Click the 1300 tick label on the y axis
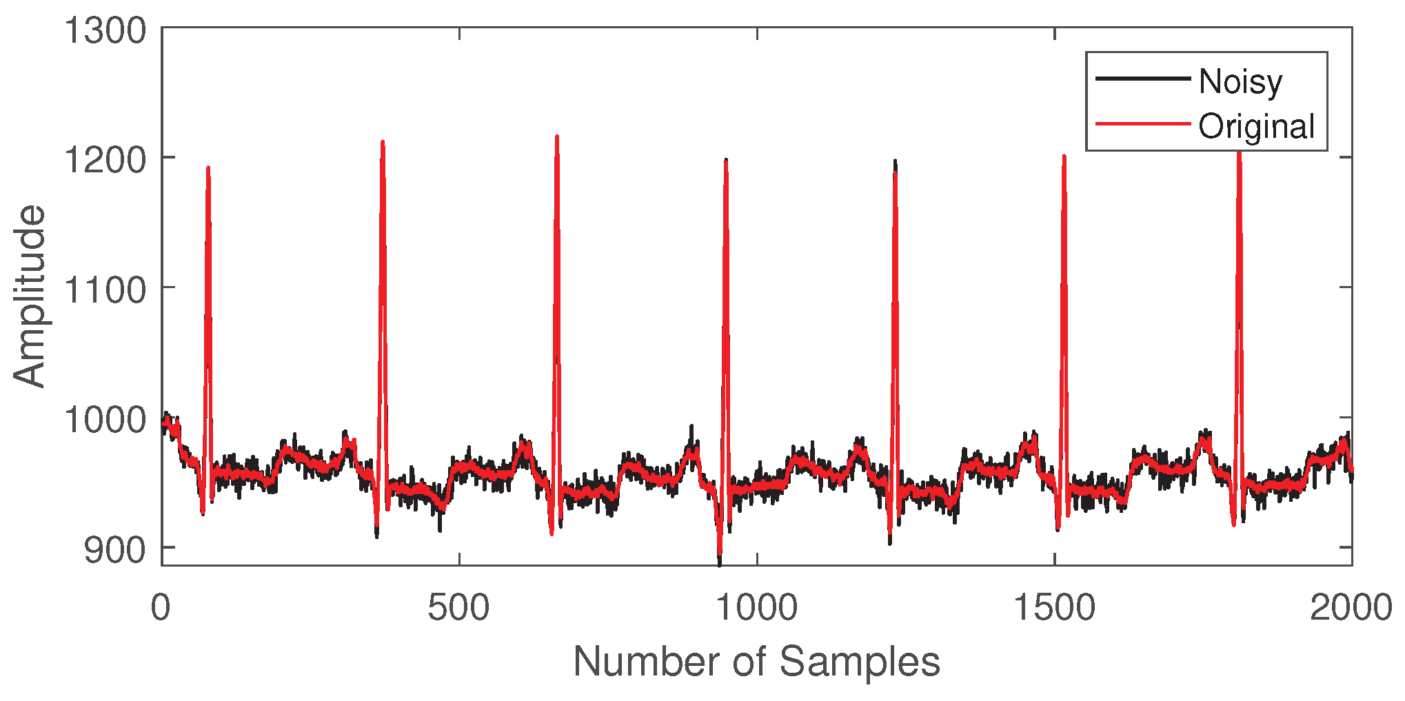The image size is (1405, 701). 105,31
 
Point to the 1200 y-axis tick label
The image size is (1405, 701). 105,161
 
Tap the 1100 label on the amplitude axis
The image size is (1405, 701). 105,290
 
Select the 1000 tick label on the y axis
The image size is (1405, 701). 105,420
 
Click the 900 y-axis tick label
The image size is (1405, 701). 114,549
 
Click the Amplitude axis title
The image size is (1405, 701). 29,296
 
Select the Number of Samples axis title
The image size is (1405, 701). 756,662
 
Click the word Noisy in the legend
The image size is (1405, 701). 1240,81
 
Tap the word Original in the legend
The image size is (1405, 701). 1256,127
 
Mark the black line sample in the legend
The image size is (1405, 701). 1142,79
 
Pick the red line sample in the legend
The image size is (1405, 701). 1142,124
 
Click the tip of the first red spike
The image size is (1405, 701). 208,167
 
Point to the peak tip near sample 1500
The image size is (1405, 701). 1064,156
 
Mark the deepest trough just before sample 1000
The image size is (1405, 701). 720,565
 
